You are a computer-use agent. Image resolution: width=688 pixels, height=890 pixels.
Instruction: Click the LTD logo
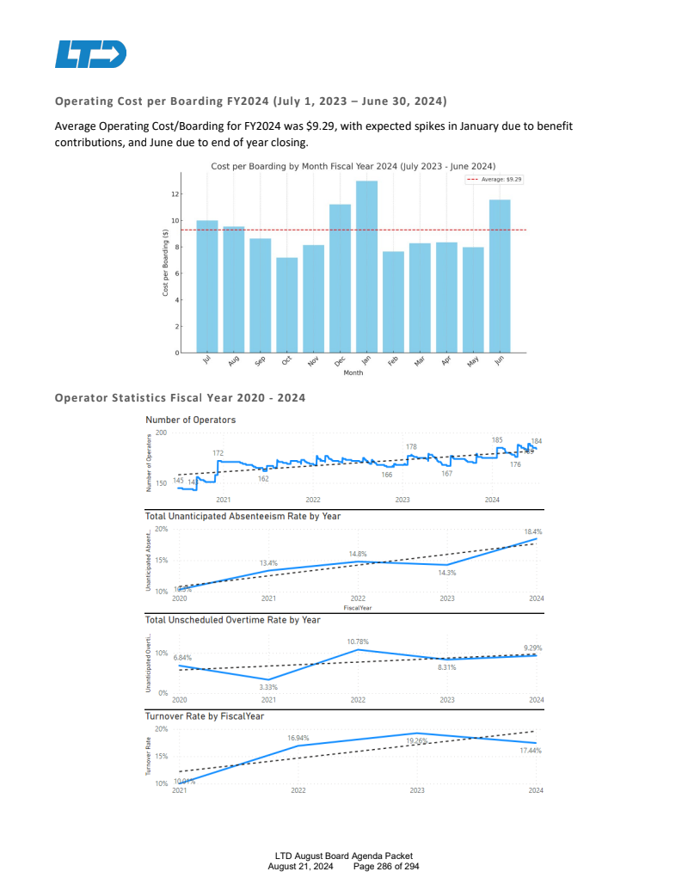point(90,54)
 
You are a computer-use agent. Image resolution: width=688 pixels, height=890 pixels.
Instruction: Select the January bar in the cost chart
point(366,267)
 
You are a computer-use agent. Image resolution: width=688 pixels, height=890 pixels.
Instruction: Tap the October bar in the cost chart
point(286,305)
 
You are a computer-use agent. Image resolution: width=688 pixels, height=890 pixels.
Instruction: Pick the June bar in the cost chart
point(500,276)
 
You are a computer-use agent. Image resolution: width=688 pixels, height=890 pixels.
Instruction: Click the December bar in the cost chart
point(340,279)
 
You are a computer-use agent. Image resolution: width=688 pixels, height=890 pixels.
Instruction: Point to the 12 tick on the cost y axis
point(174,194)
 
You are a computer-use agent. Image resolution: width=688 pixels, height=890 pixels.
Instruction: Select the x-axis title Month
point(353,373)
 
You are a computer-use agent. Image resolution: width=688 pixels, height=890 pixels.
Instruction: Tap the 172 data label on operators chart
point(218,452)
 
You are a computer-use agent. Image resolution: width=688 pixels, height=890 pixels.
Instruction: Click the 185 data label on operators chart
point(497,439)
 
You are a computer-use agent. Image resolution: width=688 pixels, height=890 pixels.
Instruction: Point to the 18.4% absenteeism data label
point(533,532)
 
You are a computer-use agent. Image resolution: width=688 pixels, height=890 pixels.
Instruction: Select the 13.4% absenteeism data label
point(268,562)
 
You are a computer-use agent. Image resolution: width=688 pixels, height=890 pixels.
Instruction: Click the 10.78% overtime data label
point(359,641)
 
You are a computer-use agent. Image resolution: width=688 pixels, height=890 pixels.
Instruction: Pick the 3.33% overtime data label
point(268,687)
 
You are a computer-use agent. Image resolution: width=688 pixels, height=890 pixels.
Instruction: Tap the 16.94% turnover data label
point(298,738)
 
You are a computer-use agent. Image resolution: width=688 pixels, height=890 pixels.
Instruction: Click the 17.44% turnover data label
point(531,751)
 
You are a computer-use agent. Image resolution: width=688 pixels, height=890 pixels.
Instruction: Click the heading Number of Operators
point(190,420)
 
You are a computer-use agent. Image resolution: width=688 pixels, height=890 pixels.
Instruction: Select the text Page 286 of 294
point(387,866)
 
